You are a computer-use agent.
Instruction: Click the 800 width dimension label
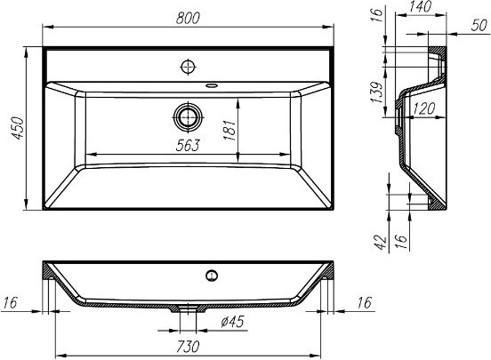point(188,19)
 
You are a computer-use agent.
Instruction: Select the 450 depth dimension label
point(17,128)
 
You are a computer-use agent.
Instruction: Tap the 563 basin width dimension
point(188,145)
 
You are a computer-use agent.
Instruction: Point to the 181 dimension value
point(229,130)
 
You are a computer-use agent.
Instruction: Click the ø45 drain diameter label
point(232,322)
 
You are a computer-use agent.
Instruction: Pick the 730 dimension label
point(188,347)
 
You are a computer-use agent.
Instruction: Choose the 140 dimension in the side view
point(421,7)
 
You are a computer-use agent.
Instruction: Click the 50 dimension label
point(479,26)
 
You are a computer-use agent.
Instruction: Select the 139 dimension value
point(376,92)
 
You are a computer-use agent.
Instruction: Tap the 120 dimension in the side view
point(424,108)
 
